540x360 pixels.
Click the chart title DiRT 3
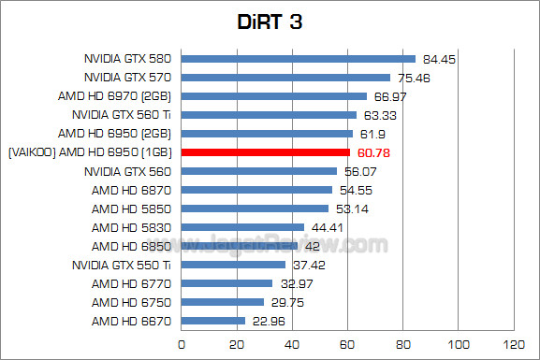(x=270, y=21)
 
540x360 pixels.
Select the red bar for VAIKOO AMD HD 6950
(x=265, y=152)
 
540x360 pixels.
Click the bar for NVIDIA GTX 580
(x=298, y=59)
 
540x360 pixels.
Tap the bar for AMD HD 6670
(x=212, y=321)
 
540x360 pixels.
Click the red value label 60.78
(x=372, y=152)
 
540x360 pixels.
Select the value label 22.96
(x=267, y=321)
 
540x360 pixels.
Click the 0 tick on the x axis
(x=181, y=343)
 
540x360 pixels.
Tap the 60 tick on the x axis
(x=347, y=343)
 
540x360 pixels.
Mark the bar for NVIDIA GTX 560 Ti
(x=269, y=115)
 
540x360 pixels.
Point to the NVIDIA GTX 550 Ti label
(x=125, y=265)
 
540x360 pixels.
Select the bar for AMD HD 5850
(x=255, y=209)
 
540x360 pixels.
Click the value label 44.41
(x=327, y=227)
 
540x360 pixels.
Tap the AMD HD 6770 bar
(x=226, y=283)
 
